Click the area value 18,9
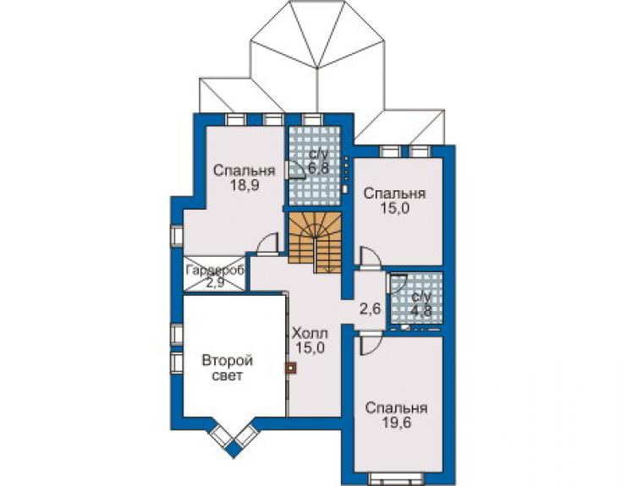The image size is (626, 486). pyautogui.click(x=244, y=185)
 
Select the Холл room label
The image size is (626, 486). pyautogui.click(x=310, y=333)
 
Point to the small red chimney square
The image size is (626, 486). pyautogui.click(x=292, y=368)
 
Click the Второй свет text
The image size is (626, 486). pyautogui.click(x=228, y=368)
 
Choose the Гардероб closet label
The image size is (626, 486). pyautogui.click(x=215, y=270)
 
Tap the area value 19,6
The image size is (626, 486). pyautogui.click(x=397, y=423)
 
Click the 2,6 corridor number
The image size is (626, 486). pyautogui.click(x=371, y=309)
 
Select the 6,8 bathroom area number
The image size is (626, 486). pyautogui.click(x=319, y=168)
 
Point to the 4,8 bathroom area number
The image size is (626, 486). pyautogui.click(x=420, y=310)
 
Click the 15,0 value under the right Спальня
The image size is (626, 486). pyautogui.click(x=395, y=208)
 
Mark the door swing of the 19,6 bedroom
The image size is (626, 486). pyautogui.click(x=371, y=345)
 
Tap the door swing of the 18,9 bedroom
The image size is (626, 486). pyautogui.click(x=266, y=243)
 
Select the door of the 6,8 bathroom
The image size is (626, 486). pyautogui.click(x=294, y=169)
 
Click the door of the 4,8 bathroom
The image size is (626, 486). pyautogui.click(x=397, y=284)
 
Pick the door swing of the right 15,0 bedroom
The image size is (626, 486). pyautogui.click(x=371, y=257)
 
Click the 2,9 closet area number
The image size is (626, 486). pyautogui.click(x=216, y=282)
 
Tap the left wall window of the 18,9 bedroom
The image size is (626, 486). pyautogui.click(x=177, y=236)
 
